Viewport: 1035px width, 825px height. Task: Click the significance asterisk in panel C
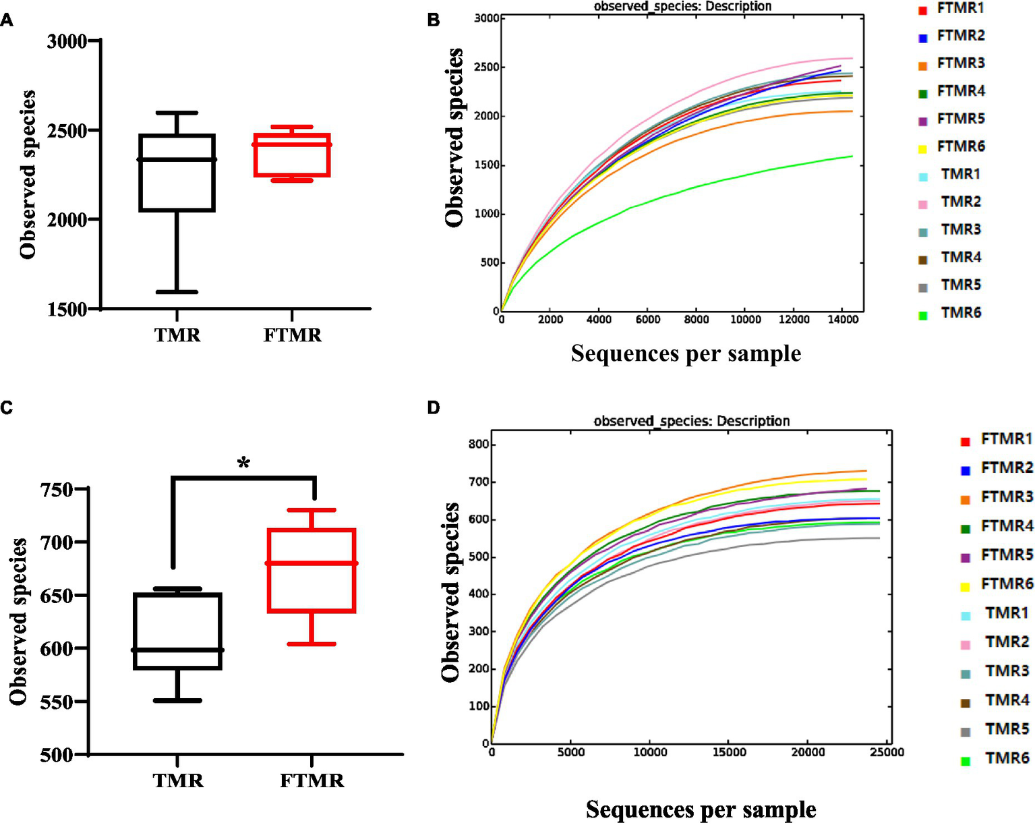click(x=243, y=463)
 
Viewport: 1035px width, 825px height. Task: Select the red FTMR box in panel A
click(x=292, y=155)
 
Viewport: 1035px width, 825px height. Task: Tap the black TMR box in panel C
click(x=178, y=631)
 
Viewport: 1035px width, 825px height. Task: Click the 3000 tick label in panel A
click(x=67, y=41)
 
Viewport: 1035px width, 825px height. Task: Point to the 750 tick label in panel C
click(x=53, y=489)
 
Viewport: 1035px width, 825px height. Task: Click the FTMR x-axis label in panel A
click(x=292, y=335)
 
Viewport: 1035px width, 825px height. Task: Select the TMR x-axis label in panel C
click(x=178, y=780)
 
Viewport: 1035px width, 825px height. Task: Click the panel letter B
click(x=434, y=20)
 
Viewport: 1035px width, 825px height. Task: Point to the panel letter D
click(x=434, y=407)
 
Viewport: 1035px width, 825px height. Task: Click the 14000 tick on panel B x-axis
click(x=842, y=320)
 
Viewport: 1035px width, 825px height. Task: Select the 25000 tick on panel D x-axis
click(x=887, y=753)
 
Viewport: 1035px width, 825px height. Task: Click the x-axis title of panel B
click(x=686, y=353)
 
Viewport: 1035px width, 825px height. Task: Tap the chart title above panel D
click(x=691, y=421)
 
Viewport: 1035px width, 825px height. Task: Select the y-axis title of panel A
click(x=28, y=175)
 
